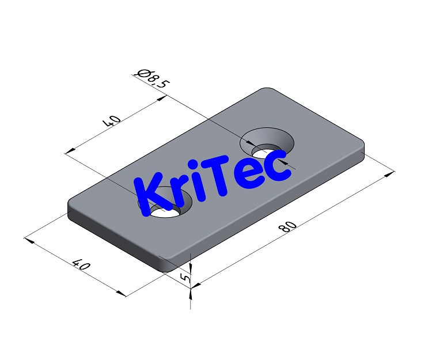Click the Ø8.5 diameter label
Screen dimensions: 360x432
152,78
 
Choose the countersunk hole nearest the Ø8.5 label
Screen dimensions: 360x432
267,143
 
